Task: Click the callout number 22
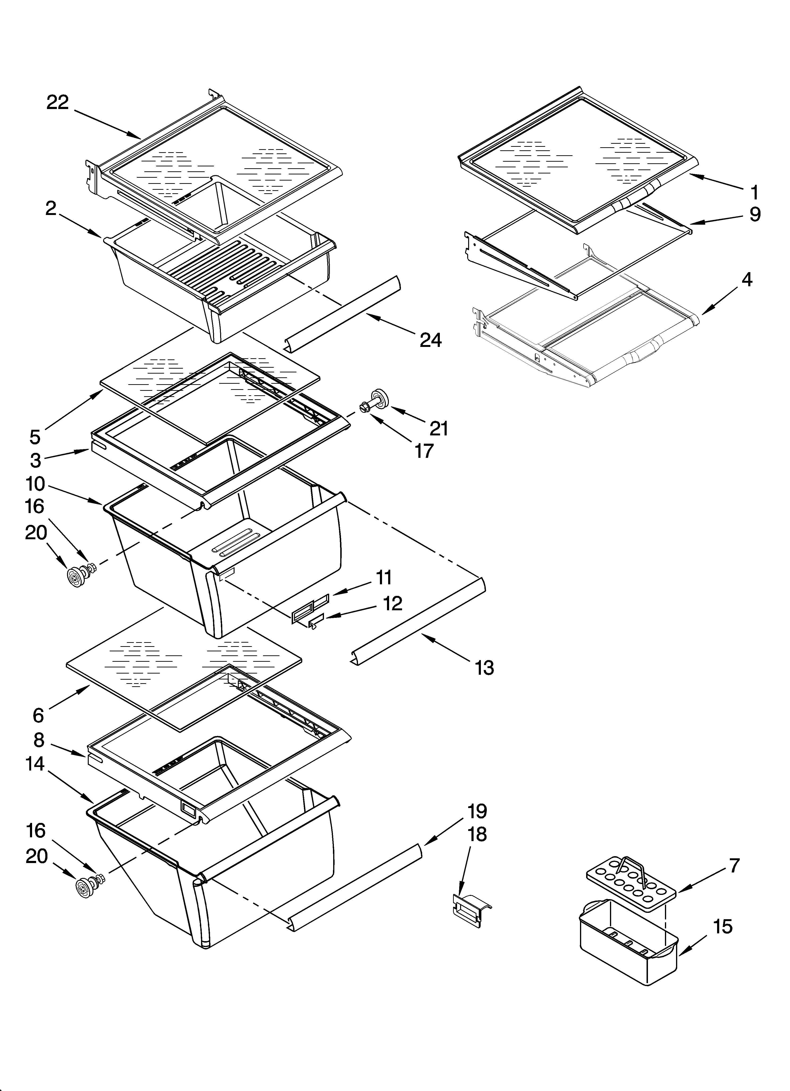(x=58, y=102)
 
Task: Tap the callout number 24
(x=431, y=340)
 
